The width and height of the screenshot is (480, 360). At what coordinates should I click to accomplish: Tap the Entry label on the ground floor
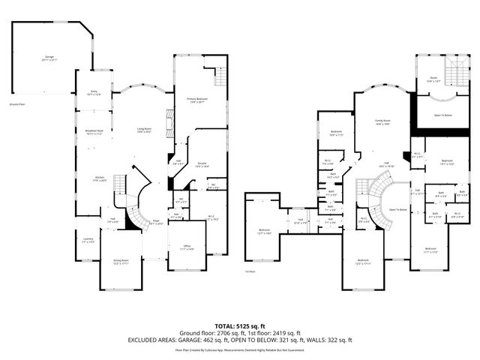click(x=94, y=93)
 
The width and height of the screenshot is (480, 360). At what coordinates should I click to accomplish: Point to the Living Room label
click(x=145, y=130)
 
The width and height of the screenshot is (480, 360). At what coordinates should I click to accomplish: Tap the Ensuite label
click(x=202, y=165)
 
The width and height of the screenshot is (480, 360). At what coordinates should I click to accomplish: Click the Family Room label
click(x=383, y=122)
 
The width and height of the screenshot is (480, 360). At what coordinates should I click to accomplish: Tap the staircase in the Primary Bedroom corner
click(x=220, y=76)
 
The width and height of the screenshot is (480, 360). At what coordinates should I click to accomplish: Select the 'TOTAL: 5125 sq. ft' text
click(x=239, y=325)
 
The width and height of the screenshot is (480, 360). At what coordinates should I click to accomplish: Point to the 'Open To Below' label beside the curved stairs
click(x=397, y=209)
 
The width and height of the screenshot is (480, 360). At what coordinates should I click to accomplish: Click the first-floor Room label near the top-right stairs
click(x=433, y=79)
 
